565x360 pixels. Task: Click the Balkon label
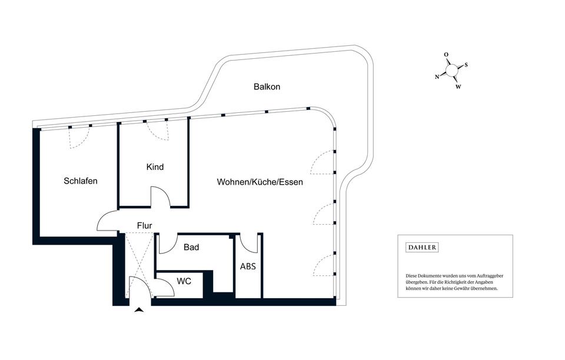(x=267, y=87)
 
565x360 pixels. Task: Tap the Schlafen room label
(x=81, y=181)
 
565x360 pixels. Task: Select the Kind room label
(x=155, y=167)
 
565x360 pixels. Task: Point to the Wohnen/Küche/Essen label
(x=260, y=182)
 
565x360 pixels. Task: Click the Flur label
(x=145, y=225)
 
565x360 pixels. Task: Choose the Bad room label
(x=191, y=248)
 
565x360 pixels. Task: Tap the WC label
(x=184, y=281)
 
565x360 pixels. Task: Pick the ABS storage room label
(x=248, y=266)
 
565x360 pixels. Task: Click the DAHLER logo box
(x=423, y=248)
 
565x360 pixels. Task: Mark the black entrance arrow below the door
(x=139, y=310)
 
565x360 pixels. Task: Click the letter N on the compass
(x=437, y=76)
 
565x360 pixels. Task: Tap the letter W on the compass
(x=458, y=87)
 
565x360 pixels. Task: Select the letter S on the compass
(x=466, y=65)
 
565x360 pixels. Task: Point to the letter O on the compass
(x=446, y=55)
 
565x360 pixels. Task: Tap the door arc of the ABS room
(x=249, y=244)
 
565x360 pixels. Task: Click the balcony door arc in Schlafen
(x=79, y=139)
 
